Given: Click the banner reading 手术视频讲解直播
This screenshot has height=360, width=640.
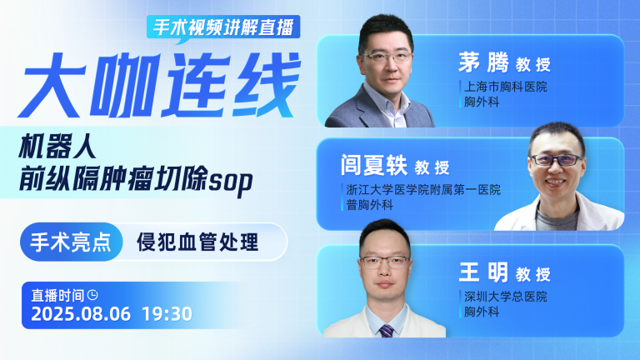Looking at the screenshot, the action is pyautogui.click(x=223, y=27).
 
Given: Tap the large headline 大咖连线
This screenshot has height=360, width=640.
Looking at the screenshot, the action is pyautogui.click(x=159, y=86).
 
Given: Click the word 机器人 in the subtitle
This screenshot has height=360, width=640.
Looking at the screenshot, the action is pyautogui.click(x=57, y=146).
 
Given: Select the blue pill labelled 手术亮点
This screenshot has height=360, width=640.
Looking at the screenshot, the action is pyautogui.click(x=72, y=242).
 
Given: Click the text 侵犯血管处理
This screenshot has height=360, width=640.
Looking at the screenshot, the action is pyautogui.click(x=197, y=242).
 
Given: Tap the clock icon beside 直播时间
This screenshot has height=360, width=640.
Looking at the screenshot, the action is pyautogui.click(x=93, y=294).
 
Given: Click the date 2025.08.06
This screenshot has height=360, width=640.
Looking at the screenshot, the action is pyautogui.click(x=81, y=314).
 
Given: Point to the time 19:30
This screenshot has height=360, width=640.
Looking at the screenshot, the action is pyautogui.click(x=167, y=314).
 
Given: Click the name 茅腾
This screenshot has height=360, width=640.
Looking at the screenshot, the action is pyautogui.click(x=483, y=62).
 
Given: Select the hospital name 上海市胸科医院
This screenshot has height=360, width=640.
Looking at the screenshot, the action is pyautogui.click(x=506, y=87).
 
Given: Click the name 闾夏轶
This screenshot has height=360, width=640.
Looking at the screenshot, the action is pyautogui.click(x=374, y=165).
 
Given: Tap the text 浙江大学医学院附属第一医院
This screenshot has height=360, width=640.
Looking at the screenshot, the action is pyautogui.click(x=423, y=190).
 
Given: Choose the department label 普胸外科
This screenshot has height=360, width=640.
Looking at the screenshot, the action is pyautogui.click(x=370, y=205).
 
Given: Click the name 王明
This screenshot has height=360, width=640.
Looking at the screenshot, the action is pyautogui.click(x=483, y=272).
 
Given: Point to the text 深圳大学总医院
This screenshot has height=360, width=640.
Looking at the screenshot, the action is pyautogui.click(x=506, y=297).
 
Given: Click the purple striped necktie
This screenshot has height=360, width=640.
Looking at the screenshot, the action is pyautogui.click(x=386, y=331).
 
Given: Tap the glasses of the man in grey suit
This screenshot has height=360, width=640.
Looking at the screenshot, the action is pyautogui.click(x=386, y=57).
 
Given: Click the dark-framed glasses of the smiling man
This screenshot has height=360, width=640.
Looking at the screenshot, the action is pyautogui.click(x=557, y=160).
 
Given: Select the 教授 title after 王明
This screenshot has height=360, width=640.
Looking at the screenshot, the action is pyautogui.click(x=533, y=275).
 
